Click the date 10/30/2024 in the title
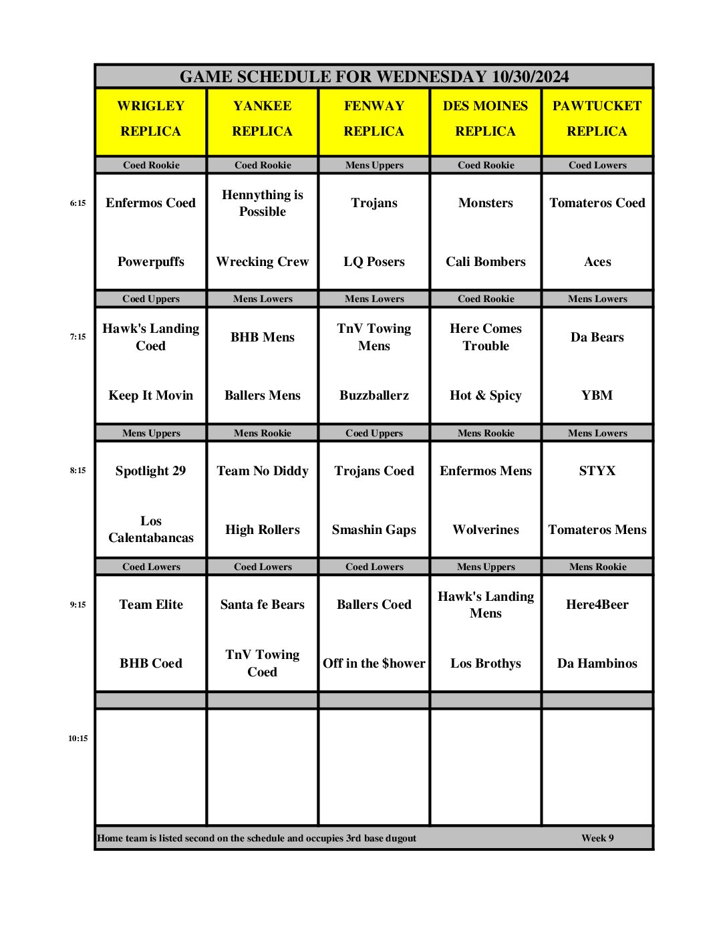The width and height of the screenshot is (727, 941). coord(530,77)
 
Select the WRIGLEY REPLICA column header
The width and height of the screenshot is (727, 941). coord(151,119)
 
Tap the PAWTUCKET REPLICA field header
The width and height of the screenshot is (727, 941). coord(597,119)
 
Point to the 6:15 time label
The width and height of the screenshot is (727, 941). coord(78,203)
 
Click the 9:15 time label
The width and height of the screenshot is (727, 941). coord(78,605)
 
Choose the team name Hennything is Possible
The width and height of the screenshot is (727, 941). coord(263,203)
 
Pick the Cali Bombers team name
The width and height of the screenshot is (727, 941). coord(486,262)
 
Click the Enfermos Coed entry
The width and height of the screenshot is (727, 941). coord(151,203)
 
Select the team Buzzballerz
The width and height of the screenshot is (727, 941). coord(374,396)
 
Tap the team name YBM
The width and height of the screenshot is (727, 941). coord(597,396)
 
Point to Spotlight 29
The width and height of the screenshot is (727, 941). coord(151,471)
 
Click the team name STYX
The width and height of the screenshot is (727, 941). coord(597,471)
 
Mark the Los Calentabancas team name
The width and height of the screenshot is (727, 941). coord(151,529)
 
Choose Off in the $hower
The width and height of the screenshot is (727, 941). coord(374,664)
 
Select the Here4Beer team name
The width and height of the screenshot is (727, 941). coord(597,605)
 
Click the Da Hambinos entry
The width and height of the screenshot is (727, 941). coord(597,664)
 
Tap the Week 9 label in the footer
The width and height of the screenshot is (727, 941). coord(597,838)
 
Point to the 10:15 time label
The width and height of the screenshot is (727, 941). coord(78,738)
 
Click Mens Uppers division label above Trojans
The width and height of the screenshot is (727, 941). coord(374,165)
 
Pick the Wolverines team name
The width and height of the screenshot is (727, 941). coord(486,530)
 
